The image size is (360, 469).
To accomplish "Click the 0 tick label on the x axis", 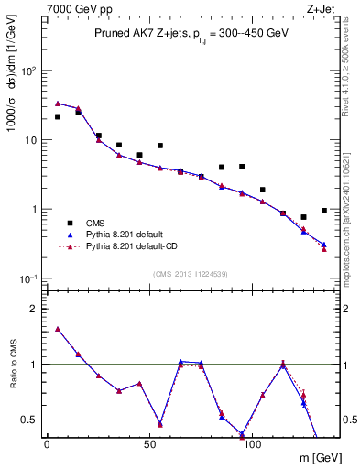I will pyautogui.click(x=47, y=444).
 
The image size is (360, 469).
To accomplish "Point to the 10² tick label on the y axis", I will pyautogui.click(x=32, y=71).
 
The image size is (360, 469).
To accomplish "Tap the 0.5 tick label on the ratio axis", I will pyautogui.click(x=30, y=420).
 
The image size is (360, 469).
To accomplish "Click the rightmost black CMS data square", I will pyautogui.click(x=324, y=211).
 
